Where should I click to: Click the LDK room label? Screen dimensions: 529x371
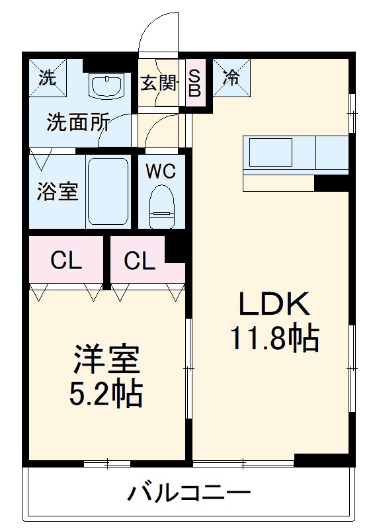point(274,305)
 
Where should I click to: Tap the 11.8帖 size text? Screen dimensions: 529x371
point(274,339)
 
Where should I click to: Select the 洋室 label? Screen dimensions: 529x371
point(106,360)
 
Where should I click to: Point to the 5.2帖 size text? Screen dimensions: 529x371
point(106,394)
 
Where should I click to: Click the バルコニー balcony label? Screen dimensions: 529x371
point(189,493)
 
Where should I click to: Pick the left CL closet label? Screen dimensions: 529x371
point(66,262)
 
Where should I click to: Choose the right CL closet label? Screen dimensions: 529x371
point(140,262)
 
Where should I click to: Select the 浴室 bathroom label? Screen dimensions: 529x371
point(57,191)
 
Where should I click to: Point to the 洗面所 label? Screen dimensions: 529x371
point(77,124)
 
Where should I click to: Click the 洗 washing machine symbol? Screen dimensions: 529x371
point(47,77)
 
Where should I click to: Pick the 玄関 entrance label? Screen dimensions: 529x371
point(159,84)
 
